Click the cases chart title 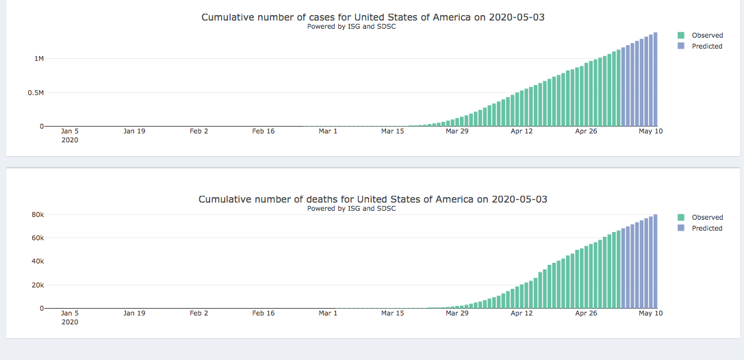point(372,17)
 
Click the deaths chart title point(372,199)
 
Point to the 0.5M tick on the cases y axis point(36,92)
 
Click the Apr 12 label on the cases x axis point(522,131)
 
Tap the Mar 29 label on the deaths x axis point(457,313)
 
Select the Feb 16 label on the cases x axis point(263,131)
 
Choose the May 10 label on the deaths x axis point(650,313)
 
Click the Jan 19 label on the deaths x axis point(134,313)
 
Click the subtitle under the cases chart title point(351,27)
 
